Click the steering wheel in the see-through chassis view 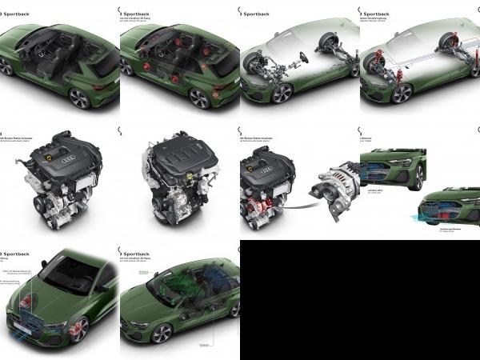tap(303, 58)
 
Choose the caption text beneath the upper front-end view tap(376, 193)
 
